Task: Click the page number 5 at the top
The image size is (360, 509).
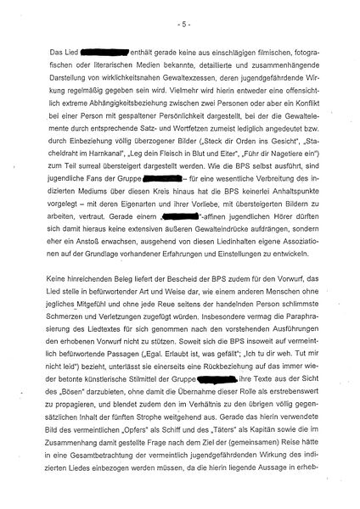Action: [x=180, y=17]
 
